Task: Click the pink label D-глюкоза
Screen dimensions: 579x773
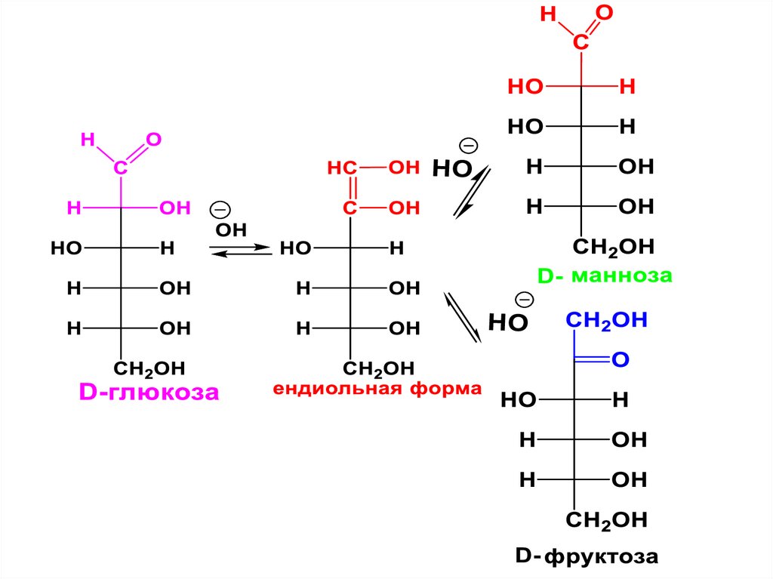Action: (149, 392)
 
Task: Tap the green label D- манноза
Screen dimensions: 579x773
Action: (604, 276)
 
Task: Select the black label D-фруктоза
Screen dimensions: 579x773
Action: (587, 557)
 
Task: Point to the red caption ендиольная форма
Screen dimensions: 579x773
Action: (377, 390)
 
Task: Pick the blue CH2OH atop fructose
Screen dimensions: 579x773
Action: (608, 321)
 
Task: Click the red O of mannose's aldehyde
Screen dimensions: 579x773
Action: (603, 14)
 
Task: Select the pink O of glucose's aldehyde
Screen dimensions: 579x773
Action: (153, 140)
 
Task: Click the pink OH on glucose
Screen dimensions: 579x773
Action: (174, 208)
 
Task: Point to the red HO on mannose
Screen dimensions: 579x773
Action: (526, 87)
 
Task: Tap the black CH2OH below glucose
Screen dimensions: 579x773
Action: (149, 368)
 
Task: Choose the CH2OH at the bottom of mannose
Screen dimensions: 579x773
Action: (614, 247)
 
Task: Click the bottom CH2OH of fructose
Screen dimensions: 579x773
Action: (607, 519)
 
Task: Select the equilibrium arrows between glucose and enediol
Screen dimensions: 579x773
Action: (239, 250)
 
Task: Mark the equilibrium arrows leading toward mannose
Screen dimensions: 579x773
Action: (472, 192)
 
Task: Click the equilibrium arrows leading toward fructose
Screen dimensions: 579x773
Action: (462, 316)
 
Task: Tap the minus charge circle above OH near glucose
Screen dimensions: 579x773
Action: (220, 209)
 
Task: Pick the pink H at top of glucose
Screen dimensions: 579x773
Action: (88, 140)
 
